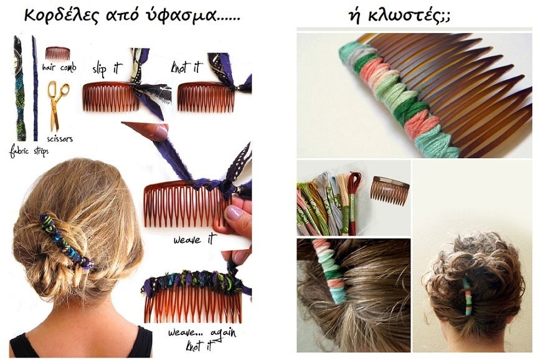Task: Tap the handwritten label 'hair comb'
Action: click(59, 67)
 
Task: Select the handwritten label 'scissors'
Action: click(60, 139)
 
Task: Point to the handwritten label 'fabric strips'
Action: click(29, 151)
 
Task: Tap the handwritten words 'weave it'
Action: click(193, 240)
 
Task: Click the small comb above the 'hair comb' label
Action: click(58, 54)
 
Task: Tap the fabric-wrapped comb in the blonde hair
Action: click(66, 240)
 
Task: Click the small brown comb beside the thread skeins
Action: click(389, 190)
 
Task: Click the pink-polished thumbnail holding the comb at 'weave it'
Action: click(234, 212)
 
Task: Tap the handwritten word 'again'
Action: click(224, 333)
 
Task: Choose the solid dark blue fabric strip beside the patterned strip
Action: click(35, 88)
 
